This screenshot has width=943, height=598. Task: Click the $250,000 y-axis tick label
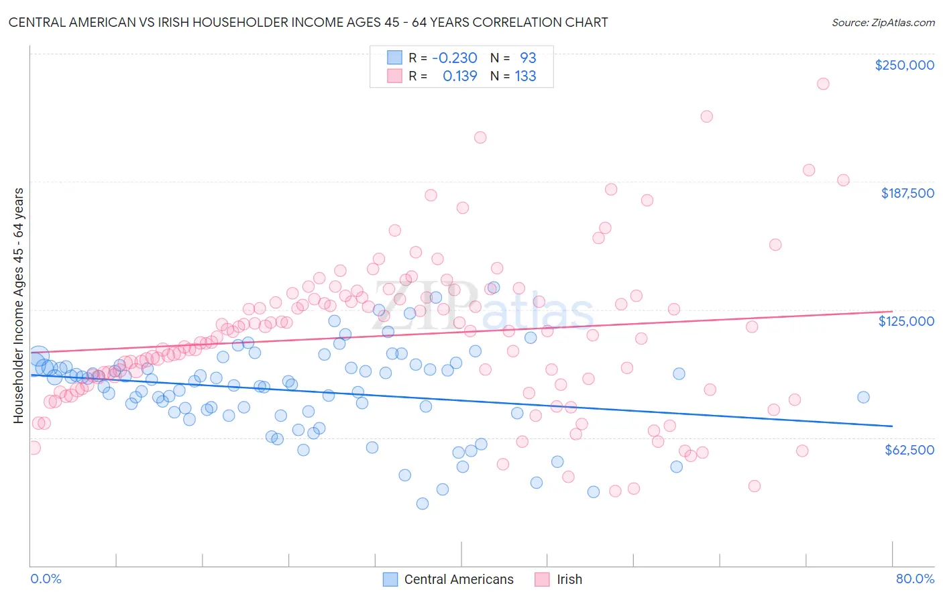tap(904, 65)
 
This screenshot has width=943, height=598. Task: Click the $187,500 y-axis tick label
tap(907, 193)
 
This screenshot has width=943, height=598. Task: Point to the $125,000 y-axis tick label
tap(906, 321)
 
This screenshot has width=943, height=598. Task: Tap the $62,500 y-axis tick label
tap(909, 449)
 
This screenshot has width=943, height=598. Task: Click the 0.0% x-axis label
tap(46, 579)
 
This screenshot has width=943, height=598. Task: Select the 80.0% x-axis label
tap(915, 579)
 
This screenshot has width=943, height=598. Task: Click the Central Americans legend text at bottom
tap(459, 579)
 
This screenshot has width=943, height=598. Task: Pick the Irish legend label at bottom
tap(569, 579)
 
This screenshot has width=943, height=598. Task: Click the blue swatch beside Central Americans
tap(390, 579)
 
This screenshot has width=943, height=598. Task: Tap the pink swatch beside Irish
tap(543, 579)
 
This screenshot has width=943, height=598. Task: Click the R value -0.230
tap(454, 58)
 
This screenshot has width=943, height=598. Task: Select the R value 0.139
tap(459, 76)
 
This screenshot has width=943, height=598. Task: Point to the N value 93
tap(528, 58)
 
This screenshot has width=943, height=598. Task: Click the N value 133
tap(525, 76)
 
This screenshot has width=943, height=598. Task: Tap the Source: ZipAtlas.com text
tap(883, 22)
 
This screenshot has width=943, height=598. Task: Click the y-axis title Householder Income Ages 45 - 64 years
tap(18, 306)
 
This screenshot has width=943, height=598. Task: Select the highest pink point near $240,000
tap(823, 84)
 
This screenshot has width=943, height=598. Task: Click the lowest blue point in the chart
tap(423, 503)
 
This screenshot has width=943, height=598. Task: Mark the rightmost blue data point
tap(863, 397)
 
